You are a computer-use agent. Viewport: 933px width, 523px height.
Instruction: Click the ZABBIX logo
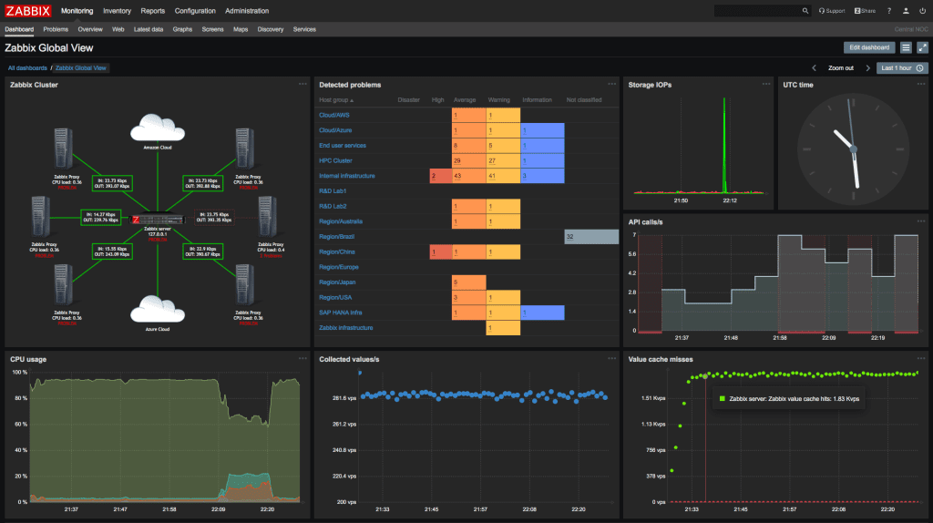(x=27, y=11)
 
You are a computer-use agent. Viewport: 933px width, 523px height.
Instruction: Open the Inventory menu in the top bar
(x=117, y=11)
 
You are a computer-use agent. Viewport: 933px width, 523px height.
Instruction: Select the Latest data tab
(x=149, y=29)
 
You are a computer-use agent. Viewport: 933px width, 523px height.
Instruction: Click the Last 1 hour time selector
(x=901, y=67)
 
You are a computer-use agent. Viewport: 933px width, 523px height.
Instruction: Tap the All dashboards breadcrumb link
(x=26, y=67)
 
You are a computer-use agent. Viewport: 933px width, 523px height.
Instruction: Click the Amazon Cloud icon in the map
(x=158, y=130)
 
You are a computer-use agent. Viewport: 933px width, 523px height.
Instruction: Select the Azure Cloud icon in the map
(x=158, y=310)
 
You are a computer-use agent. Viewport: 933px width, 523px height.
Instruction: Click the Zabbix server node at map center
(x=158, y=220)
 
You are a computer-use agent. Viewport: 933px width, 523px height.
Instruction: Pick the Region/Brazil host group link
(x=336, y=236)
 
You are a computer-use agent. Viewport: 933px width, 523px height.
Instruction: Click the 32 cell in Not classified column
(x=590, y=236)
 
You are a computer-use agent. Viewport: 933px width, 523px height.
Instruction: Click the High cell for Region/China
(x=439, y=251)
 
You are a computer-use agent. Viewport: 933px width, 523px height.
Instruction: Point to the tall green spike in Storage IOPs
(x=724, y=146)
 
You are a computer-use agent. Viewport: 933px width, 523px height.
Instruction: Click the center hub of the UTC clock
(x=853, y=149)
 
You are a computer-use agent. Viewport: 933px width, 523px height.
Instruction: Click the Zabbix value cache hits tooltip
(x=788, y=398)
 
